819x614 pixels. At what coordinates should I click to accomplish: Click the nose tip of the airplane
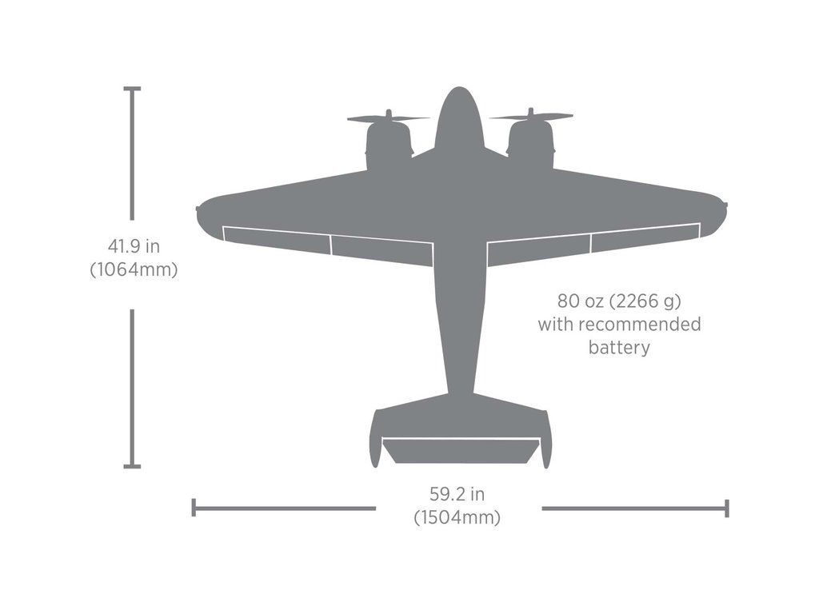(x=458, y=90)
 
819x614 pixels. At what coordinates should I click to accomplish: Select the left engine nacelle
(x=389, y=148)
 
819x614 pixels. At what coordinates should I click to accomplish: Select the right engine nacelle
(x=531, y=147)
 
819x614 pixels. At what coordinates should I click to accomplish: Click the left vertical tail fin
(x=374, y=440)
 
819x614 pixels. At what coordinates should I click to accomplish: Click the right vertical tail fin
(x=546, y=440)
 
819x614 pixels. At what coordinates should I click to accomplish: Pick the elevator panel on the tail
(x=460, y=450)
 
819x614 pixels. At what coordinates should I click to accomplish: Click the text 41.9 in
(x=134, y=246)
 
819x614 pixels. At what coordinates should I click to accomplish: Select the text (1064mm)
(x=134, y=269)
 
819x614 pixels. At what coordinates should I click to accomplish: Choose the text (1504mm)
(x=457, y=517)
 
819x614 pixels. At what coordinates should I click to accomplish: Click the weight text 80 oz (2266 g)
(x=619, y=301)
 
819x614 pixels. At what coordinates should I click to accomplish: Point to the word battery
(x=619, y=348)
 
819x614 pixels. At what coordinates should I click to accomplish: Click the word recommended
(x=639, y=325)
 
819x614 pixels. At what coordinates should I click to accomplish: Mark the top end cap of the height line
(x=133, y=89)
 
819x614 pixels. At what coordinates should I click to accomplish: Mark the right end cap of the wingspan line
(x=726, y=508)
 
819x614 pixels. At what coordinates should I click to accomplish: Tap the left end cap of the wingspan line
(x=194, y=508)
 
